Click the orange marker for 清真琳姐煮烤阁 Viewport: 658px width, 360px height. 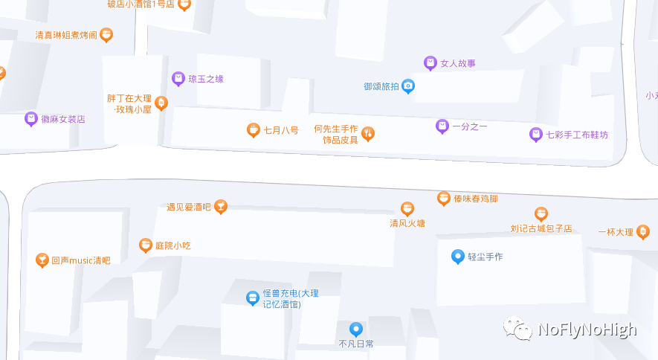(106, 34)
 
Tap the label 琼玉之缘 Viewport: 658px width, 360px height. (206, 79)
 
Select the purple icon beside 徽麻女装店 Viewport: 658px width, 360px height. (30, 118)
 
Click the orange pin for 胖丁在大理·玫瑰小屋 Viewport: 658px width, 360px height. (161, 103)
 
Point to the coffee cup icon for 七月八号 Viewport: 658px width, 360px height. (254, 130)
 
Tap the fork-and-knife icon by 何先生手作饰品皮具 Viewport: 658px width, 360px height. (367, 134)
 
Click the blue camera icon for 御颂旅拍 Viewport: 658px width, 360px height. (407, 86)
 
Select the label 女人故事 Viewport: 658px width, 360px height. (458, 64)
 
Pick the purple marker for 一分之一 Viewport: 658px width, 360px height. (442, 126)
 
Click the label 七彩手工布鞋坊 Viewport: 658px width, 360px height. (577, 135)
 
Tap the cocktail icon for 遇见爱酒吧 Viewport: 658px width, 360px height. (220, 207)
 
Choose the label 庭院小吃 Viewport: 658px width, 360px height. (173, 245)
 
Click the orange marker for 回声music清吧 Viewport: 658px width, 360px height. (42, 260)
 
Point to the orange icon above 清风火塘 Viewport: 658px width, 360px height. (407, 209)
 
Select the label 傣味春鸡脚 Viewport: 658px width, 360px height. (475, 199)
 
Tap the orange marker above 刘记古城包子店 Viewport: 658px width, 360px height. (541, 214)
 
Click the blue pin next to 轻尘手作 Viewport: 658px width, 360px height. (458, 257)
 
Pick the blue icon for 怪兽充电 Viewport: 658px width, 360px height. (253, 298)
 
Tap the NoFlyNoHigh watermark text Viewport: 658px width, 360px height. (587, 330)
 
